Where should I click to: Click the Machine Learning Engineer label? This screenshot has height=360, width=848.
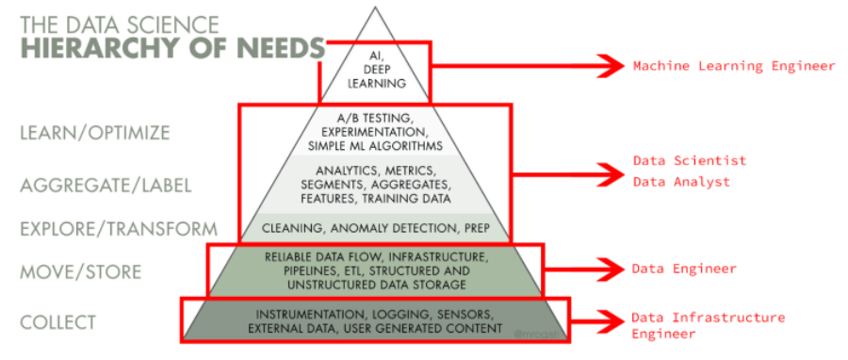point(734,66)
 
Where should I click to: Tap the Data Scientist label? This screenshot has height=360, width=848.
point(689,161)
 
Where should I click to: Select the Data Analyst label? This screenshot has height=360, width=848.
point(681,182)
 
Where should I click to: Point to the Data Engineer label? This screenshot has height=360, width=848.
point(684,270)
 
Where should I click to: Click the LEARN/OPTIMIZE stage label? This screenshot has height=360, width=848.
point(93,133)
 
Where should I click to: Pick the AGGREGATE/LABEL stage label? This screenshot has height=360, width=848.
point(106,186)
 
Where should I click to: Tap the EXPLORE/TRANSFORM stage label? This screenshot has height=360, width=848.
point(119,229)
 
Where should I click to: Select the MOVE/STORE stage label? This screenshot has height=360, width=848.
point(80,272)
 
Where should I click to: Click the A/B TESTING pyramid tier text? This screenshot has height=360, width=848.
point(374,131)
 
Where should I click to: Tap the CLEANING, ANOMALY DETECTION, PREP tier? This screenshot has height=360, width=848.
point(374,228)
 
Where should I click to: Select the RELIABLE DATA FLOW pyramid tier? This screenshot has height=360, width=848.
point(374,270)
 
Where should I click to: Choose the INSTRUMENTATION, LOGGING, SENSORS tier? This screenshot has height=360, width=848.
point(374,320)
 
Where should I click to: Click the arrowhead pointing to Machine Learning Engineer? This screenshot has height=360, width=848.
point(612,66)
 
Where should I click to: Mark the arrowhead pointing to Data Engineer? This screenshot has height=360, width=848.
point(612,270)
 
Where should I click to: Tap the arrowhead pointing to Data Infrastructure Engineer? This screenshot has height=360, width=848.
point(612,319)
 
